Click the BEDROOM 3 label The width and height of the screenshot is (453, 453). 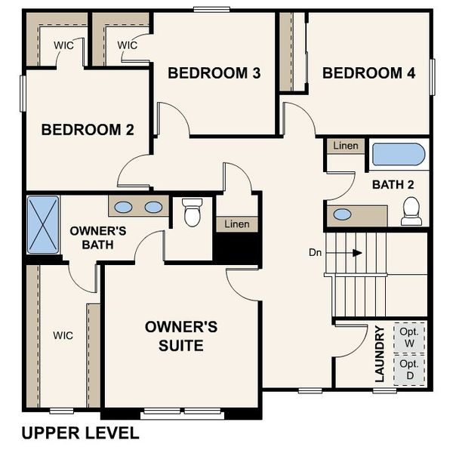(214, 73)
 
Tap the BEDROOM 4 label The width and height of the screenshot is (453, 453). (368, 73)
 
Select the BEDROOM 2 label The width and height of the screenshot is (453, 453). (88, 130)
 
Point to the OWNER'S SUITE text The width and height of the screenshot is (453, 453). (181, 337)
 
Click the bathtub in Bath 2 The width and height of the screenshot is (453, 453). (398, 155)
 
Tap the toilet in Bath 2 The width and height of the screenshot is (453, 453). (411, 211)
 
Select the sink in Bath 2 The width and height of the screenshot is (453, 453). (342, 214)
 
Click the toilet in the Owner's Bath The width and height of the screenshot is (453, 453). (192, 212)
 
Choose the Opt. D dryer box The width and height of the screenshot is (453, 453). (408, 370)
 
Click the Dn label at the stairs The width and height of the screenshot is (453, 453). (316, 252)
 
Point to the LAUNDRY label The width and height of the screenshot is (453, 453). (381, 353)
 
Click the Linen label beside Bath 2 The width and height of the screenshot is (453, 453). (346, 145)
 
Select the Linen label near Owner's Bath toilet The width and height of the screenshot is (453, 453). (237, 224)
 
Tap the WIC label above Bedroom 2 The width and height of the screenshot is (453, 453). (63, 45)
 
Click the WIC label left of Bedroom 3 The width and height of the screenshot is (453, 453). (128, 45)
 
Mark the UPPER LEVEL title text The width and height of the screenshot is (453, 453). (80, 433)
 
